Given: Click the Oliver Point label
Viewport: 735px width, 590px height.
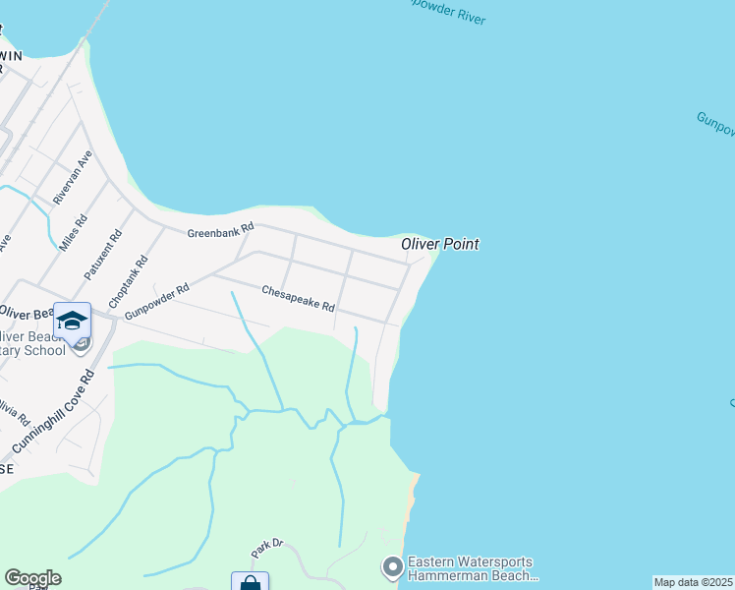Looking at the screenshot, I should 439,244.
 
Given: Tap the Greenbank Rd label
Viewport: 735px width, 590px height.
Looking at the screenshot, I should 221,229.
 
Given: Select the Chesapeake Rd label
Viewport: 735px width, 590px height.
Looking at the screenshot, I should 298,298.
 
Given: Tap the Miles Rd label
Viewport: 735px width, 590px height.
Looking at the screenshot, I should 74,233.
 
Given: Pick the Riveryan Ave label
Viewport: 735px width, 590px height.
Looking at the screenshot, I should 74,177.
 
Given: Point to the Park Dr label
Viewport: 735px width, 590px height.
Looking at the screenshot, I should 266,543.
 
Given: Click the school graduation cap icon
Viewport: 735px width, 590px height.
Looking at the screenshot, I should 72,321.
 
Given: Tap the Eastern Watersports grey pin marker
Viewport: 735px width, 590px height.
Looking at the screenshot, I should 392,566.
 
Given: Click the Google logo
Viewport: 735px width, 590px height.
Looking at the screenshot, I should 32,578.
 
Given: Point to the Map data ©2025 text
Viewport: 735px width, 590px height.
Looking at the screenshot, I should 693,582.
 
